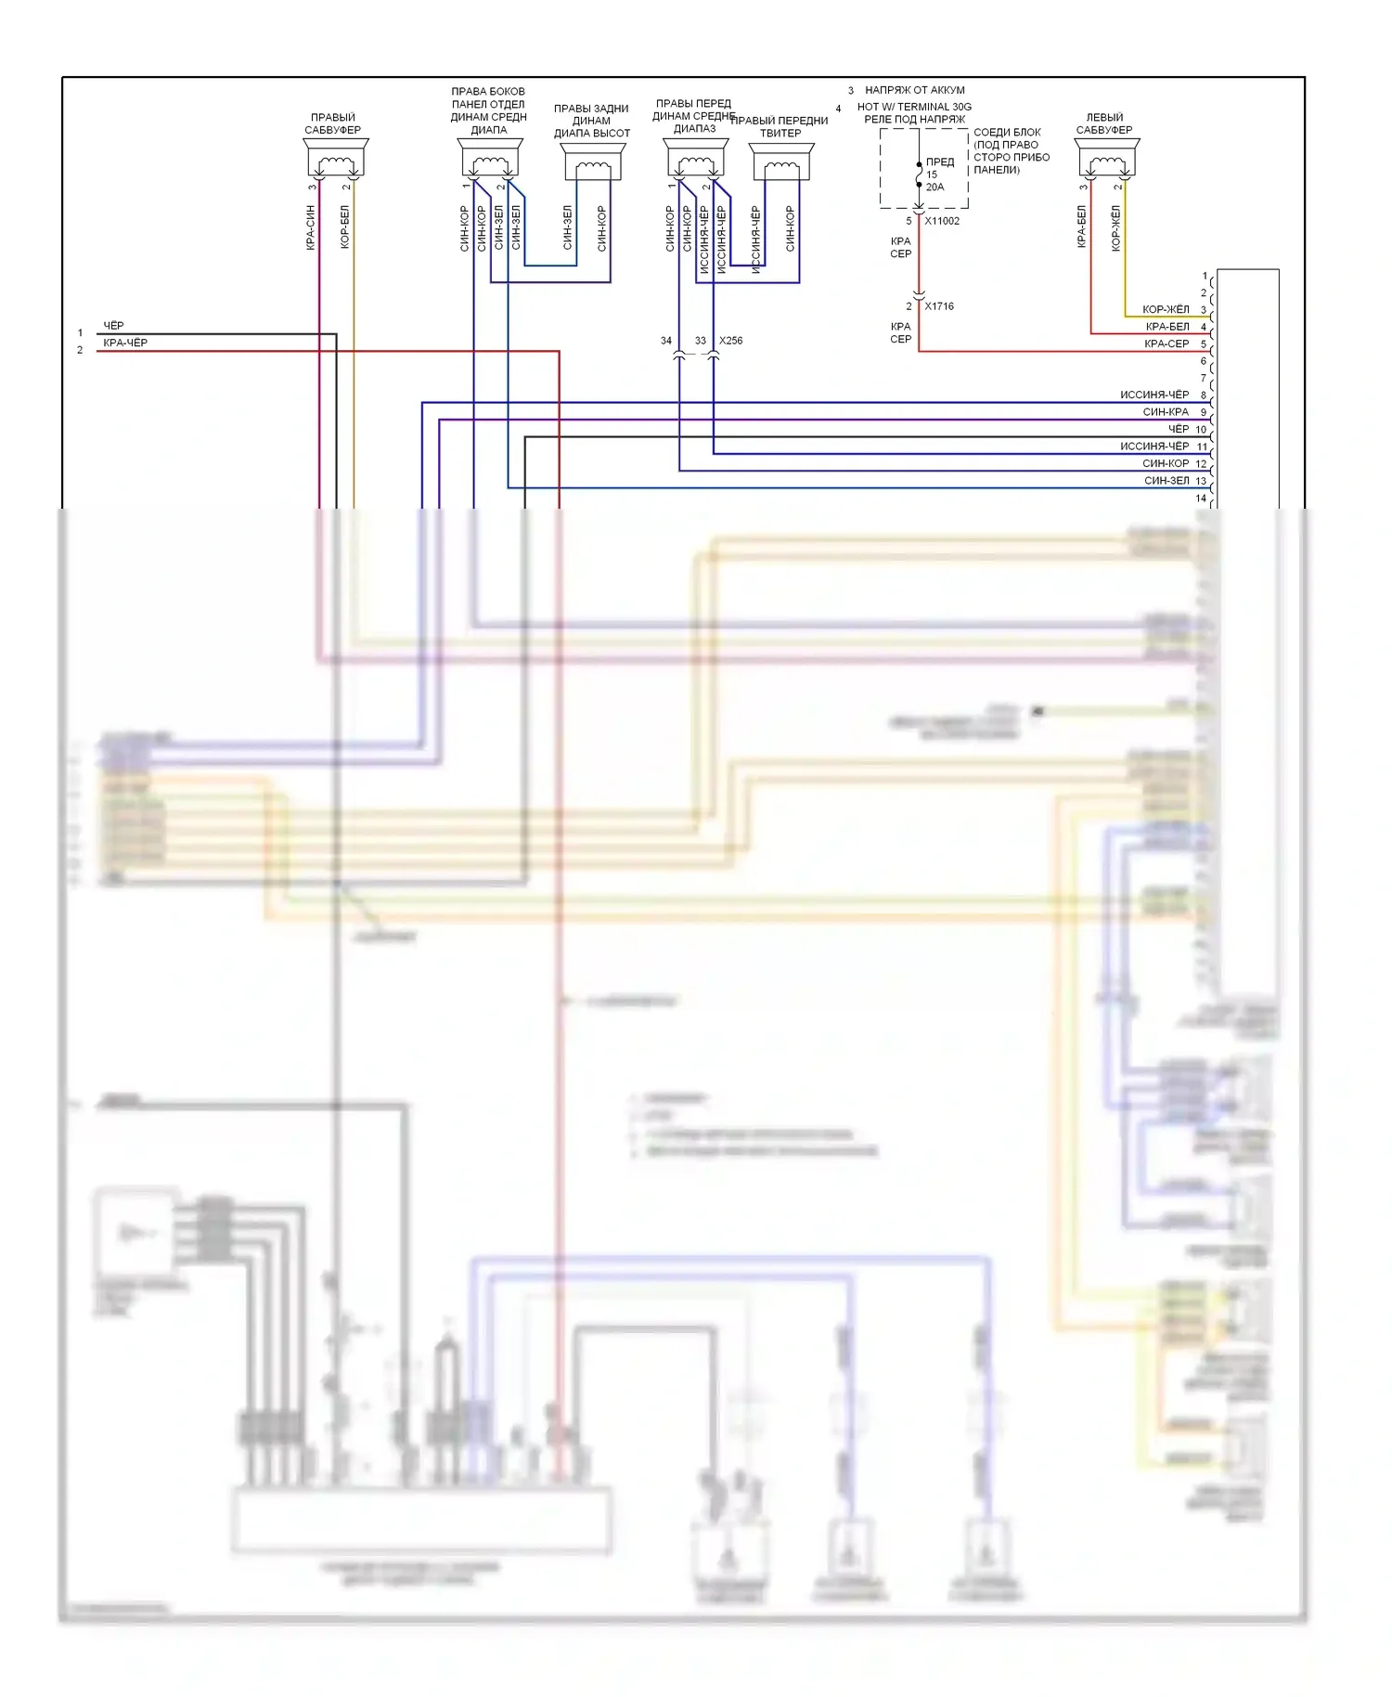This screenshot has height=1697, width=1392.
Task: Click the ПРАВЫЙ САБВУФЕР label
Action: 333,123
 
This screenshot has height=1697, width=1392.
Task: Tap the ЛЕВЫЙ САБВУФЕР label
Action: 1104,123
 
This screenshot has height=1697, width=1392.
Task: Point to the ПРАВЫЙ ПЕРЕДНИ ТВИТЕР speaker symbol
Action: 781,163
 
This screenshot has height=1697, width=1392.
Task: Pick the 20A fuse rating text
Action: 934,188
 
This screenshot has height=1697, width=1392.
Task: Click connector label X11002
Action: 942,221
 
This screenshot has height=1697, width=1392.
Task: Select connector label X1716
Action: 939,306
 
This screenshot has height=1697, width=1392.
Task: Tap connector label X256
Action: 731,341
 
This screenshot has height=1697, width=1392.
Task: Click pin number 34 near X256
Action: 666,341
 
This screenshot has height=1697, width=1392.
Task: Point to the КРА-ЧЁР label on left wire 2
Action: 125,343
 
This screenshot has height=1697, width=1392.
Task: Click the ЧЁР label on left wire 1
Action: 113,326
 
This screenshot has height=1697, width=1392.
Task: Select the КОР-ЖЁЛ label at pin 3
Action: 1166,309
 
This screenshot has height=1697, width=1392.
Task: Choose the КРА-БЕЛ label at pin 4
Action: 1167,327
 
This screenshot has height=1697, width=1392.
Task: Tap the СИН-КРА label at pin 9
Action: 1166,412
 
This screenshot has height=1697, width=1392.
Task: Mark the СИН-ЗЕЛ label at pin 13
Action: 1166,481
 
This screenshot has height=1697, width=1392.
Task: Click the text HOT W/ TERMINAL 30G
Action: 914,107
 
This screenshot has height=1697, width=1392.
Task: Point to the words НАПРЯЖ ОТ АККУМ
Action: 915,90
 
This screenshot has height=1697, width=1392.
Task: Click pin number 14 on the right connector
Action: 1201,499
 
